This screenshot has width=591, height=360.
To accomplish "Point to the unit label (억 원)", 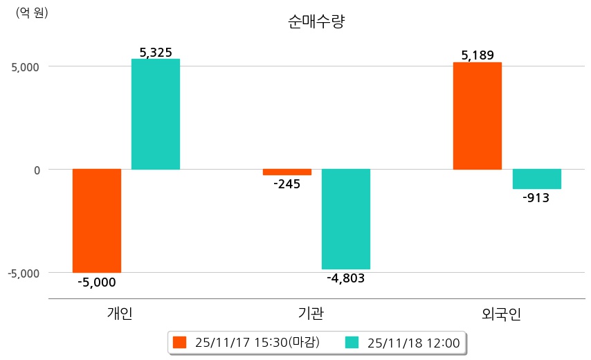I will (x=32, y=12).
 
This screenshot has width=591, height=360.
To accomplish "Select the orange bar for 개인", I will (x=97, y=220).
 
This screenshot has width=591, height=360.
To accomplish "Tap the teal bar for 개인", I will (x=156, y=114).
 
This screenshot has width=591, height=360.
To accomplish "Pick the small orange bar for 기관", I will (x=287, y=172).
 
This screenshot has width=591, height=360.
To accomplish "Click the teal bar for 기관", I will (x=346, y=219).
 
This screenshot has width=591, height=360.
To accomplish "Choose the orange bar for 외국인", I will (x=477, y=116).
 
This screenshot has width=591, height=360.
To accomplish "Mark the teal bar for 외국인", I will (x=537, y=179).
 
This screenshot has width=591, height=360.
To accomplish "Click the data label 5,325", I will (x=156, y=52).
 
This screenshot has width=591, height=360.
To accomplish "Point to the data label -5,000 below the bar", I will (x=97, y=282).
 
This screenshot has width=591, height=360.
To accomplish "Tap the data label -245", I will (x=287, y=185).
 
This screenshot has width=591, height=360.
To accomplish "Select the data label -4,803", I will (x=345, y=278).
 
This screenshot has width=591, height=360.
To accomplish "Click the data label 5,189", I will (x=477, y=55).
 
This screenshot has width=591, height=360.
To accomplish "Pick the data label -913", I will (x=536, y=198).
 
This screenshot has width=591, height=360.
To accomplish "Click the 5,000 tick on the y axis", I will (x=26, y=67).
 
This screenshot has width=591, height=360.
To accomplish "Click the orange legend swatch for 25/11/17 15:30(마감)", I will (x=180, y=342).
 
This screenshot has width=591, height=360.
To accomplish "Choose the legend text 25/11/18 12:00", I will (x=414, y=342).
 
